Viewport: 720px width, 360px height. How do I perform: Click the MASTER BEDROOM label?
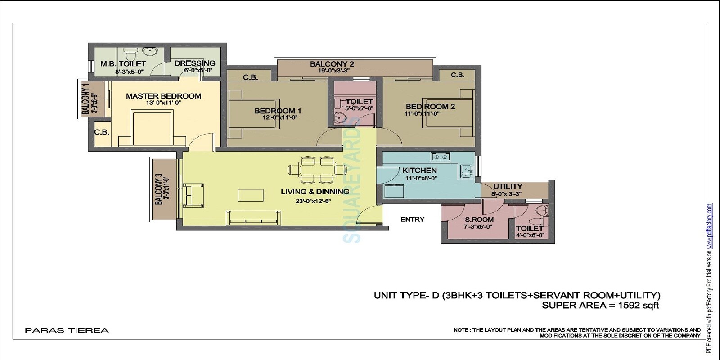(x=163, y=96)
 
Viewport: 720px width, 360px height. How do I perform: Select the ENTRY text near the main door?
(x=412, y=220)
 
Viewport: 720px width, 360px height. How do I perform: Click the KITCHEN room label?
(x=419, y=171)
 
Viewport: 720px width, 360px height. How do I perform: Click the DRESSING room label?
(x=195, y=63)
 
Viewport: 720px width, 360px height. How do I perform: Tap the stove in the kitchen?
(x=441, y=157)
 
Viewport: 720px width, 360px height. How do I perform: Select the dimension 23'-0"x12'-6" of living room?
(x=313, y=201)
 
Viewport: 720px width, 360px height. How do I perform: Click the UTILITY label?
(x=508, y=186)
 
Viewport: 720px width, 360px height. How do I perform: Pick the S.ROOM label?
(x=479, y=220)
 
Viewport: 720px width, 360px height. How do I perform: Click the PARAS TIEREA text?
(x=67, y=331)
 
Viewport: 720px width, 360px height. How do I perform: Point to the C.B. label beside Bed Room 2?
(x=458, y=75)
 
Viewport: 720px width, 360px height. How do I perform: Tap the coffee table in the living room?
(x=251, y=195)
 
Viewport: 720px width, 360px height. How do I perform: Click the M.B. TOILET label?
(x=123, y=64)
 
